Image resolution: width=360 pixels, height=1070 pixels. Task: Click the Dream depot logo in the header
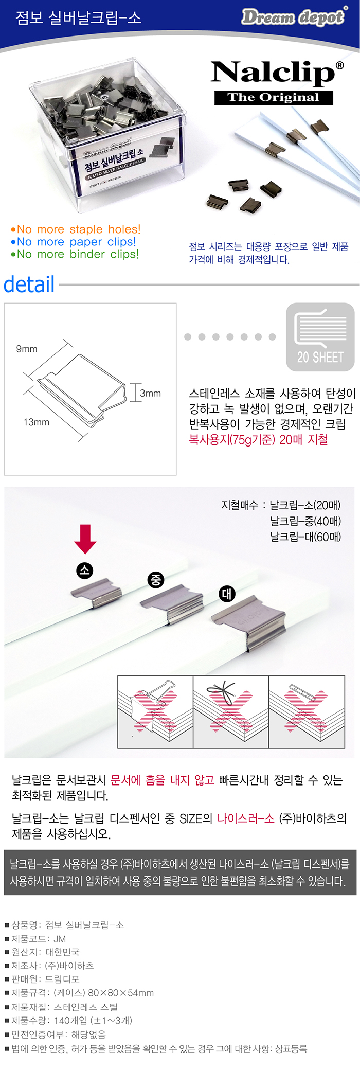294,17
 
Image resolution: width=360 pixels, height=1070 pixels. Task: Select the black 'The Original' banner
274,98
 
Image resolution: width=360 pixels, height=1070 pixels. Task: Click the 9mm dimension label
27,349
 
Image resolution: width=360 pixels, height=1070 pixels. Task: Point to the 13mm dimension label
37,422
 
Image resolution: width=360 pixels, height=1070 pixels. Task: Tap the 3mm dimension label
150,394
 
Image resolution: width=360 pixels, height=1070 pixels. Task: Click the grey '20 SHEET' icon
320,337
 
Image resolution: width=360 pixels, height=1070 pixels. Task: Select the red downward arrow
85,539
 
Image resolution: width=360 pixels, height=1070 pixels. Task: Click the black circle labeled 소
85,570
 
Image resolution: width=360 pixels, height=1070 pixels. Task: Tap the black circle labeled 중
156,580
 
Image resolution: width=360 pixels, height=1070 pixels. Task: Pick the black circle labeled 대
227,594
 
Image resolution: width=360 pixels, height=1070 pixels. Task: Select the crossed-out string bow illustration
231,712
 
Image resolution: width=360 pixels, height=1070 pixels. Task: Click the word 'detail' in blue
29,284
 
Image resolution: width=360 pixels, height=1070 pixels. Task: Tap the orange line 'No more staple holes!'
76,229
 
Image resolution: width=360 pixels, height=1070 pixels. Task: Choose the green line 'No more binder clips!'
75,254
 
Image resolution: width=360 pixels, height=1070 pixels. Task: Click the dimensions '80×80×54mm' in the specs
121,993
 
